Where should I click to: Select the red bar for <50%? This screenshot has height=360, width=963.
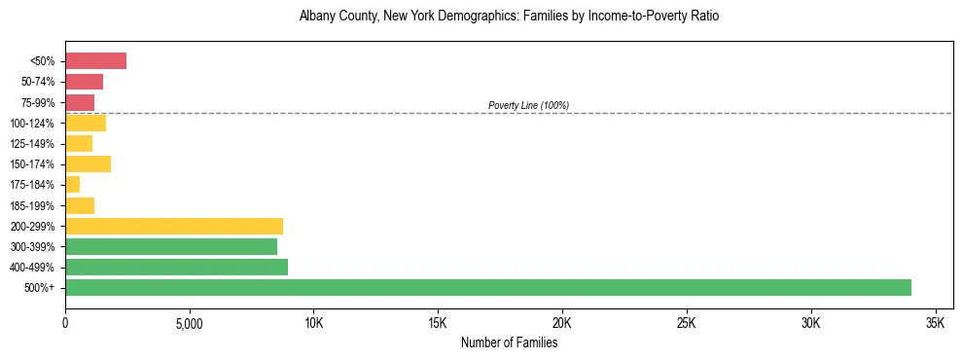click(x=95, y=61)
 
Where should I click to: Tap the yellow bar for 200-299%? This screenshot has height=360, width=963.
click(x=174, y=226)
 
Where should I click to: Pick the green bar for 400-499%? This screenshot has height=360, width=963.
click(x=176, y=267)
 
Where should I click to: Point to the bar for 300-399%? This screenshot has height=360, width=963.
click(x=171, y=246)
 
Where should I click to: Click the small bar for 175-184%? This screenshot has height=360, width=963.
click(x=72, y=185)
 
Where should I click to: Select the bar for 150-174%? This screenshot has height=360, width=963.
click(x=88, y=164)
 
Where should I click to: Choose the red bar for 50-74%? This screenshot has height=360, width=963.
click(x=84, y=82)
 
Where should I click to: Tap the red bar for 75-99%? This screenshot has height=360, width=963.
click(x=80, y=102)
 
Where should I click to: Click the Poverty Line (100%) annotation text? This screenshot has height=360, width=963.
click(x=528, y=105)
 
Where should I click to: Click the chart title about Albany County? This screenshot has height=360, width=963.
click(x=509, y=17)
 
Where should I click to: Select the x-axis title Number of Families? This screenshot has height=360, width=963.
click(x=509, y=342)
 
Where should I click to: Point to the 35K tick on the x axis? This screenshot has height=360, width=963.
click(x=935, y=322)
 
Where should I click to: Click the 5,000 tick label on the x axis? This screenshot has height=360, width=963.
click(x=190, y=322)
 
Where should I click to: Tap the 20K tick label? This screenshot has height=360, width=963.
click(x=562, y=322)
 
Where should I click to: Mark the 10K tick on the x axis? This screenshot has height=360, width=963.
click(x=313, y=322)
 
